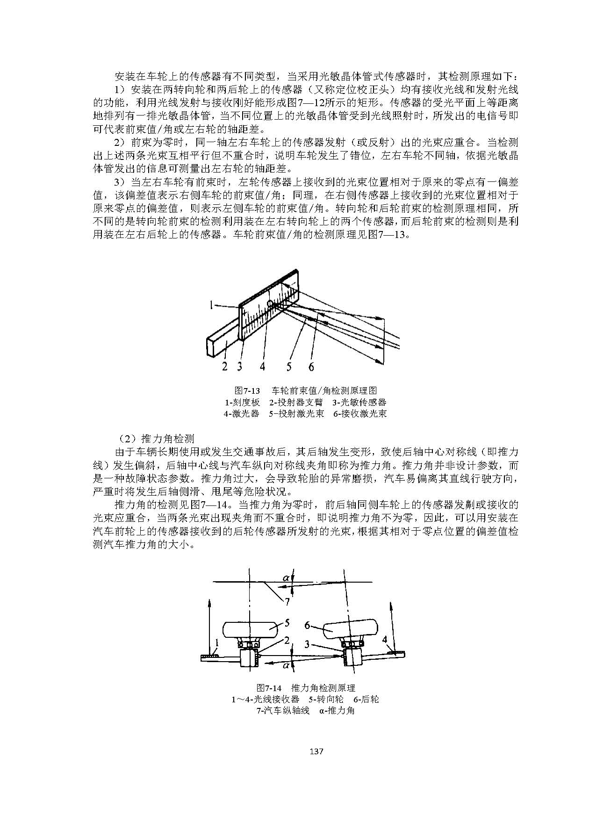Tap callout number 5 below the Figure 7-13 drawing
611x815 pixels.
click(289, 366)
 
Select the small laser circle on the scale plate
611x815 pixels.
click(271, 304)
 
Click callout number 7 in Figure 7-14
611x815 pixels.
click(287, 601)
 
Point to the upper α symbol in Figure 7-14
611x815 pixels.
click(286, 578)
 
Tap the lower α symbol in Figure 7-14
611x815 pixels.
click(285, 664)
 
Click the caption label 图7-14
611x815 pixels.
click(269, 688)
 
